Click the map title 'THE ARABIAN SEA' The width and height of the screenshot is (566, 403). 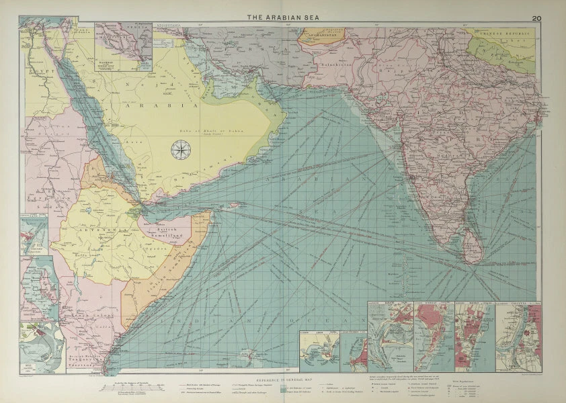[282, 17]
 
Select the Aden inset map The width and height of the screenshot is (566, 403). [317, 349]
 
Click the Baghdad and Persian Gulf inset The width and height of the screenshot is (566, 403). [124, 46]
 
